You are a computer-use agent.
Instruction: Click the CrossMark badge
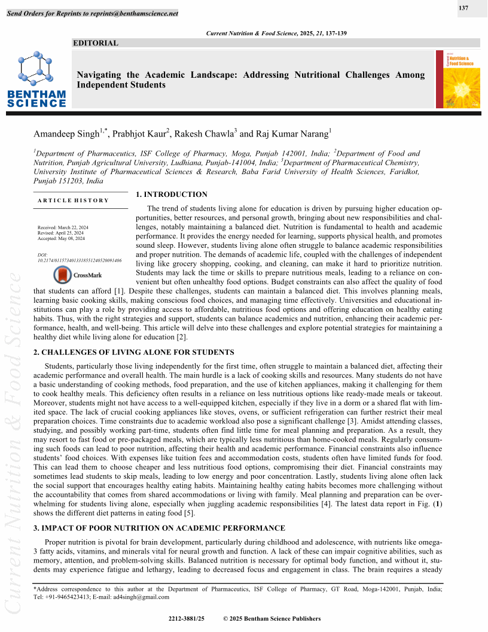70,275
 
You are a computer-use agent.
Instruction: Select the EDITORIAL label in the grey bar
95,42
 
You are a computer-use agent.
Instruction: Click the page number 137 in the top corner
463,8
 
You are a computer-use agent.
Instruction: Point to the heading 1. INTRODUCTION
172,195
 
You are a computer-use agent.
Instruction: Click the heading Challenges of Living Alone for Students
125,352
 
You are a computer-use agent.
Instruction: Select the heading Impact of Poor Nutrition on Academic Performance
152,528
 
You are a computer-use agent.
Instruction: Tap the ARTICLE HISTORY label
73,200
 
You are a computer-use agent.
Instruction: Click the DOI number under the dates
80,261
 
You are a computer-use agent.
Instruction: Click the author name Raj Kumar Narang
291,134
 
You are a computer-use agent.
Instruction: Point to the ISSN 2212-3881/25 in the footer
187,619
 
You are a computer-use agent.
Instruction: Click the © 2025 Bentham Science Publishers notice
272,619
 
